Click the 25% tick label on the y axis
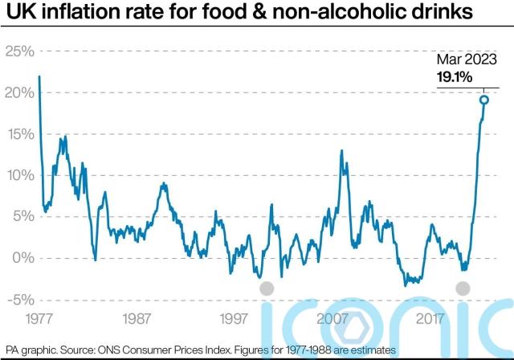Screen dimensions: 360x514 click(x=19, y=51)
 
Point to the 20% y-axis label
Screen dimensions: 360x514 click(x=19, y=93)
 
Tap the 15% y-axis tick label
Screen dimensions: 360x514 click(x=19, y=134)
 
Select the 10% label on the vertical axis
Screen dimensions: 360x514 click(x=19, y=175)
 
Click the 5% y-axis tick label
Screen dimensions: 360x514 click(x=22, y=217)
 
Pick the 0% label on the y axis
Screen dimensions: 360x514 click(x=22, y=258)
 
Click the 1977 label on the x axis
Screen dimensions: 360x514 click(x=41, y=318)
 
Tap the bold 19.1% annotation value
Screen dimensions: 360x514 click(x=455, y=77)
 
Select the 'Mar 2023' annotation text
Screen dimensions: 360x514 click(x=467, y=59)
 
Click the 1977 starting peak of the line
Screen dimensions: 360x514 click(x=39, y=76)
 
